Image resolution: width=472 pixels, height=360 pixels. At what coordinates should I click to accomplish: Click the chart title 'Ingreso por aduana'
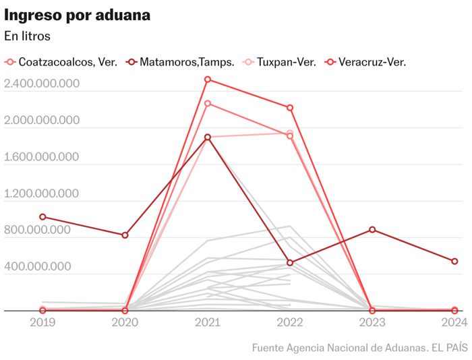coord(78,14)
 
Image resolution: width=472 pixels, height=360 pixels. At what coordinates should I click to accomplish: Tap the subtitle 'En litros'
coord(28,36)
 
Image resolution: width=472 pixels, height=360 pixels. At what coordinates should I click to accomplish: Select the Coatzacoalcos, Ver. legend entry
coord(62,62)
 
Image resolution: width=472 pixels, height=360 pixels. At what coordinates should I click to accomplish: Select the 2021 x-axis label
coord(208,322)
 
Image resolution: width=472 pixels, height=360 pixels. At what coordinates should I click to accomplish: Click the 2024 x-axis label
coord(454,322)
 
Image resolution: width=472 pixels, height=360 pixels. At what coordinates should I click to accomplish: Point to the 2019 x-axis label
coord(42,322)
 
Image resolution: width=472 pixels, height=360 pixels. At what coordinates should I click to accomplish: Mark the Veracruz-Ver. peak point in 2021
coord(208,80)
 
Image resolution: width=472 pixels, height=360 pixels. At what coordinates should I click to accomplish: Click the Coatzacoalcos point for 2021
coord(208,103)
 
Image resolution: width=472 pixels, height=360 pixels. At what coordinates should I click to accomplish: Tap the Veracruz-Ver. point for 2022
coord(290,108)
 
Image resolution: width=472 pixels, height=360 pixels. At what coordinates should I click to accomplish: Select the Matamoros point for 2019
coord(42,217)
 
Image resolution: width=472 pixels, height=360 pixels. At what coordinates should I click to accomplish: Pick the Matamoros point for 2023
coord(372,230)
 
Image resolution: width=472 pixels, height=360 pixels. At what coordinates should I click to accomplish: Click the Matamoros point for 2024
coord(454,262)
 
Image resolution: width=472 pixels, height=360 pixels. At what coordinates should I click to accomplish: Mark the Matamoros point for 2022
coord(290,263)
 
